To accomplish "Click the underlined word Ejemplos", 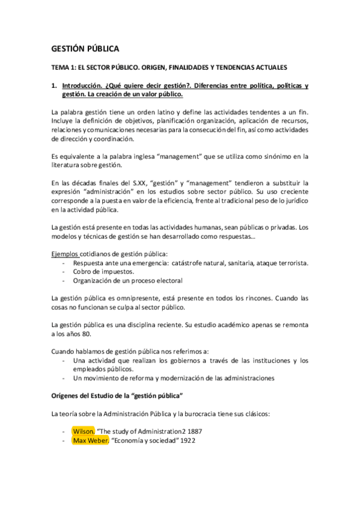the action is [66, 253].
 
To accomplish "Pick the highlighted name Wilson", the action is [83, 431].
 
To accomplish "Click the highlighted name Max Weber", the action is [90, 440].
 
